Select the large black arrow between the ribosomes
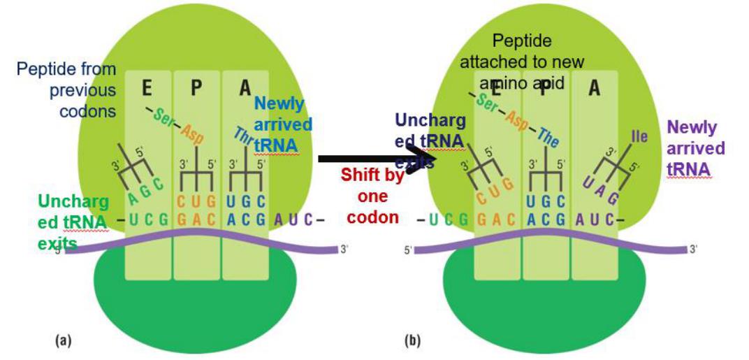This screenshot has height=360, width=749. click(377, 159)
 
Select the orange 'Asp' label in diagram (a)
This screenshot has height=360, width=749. click(193, 134)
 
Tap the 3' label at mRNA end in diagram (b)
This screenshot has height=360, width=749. click(694, 249)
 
